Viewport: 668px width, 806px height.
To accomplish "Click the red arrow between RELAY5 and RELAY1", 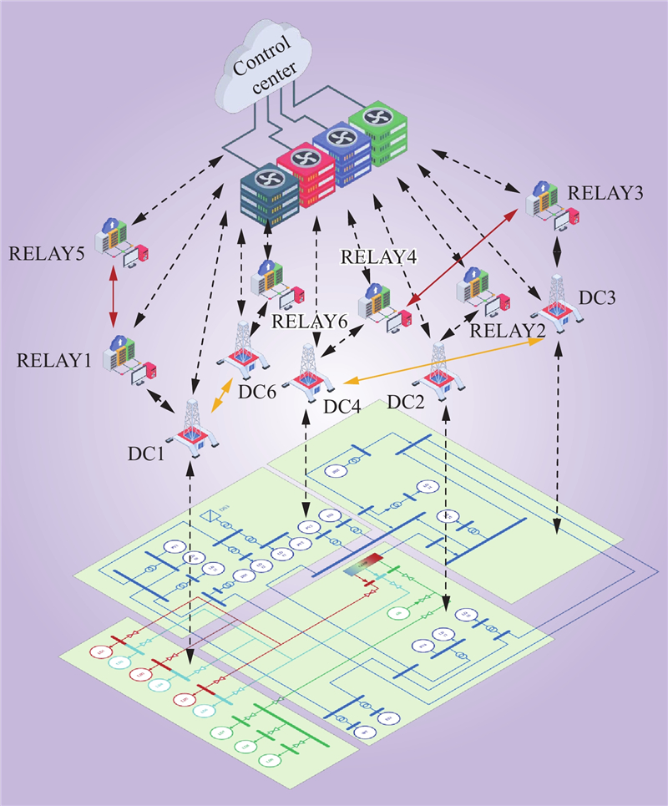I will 114,295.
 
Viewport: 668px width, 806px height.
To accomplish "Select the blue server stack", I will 342,155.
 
